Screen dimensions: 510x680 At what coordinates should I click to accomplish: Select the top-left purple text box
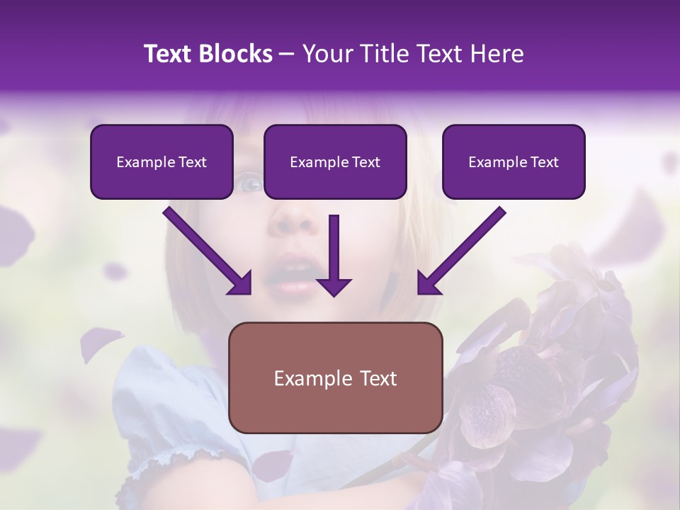pyautogui.click(x=161, y=161)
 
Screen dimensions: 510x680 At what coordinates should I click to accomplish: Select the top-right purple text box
pyautogui.click(x=514, y=161)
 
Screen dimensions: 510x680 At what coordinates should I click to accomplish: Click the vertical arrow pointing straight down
pyautogui.click(x=334, y=255)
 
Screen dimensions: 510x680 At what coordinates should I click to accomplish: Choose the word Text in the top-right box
pyautogui.click(x=544, y=162)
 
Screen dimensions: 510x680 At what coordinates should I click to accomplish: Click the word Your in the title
pyautogui.click(x=325, y=54)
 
